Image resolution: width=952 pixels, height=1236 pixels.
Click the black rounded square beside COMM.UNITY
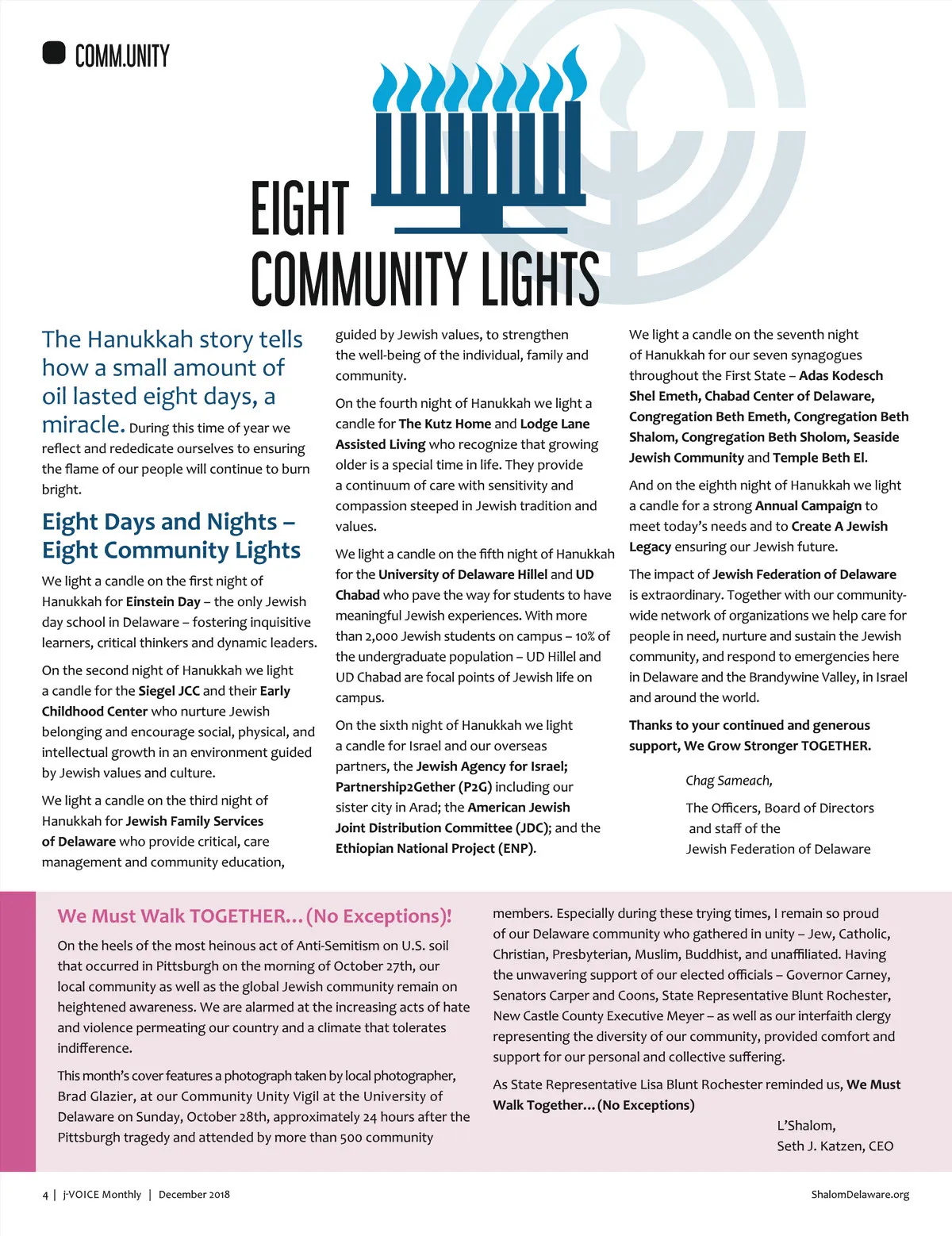pyautogui.click(x=53, y=53)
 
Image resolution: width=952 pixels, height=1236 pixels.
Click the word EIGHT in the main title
pyautogui.click(x=299, y=209)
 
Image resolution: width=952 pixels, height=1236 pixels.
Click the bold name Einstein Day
pyautogui.click(x=163, y=601)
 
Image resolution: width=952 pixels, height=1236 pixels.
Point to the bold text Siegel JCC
pyautogui.click(x=169, y=691)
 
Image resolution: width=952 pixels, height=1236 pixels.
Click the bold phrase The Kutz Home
pyautogui.click(x=444, y=424)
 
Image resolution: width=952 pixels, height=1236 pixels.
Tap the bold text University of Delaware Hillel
pyautogui.click(x=463, y=574)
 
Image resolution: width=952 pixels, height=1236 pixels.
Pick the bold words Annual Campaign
pyautogui.click(x=808, y=506)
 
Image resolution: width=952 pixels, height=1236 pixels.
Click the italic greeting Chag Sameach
pyautogui.click(x=729, y=781)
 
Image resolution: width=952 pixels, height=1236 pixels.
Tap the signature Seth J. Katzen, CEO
pyautogui.click(x=835, y=1146)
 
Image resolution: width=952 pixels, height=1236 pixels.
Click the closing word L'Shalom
pyautogui.click(x=806, y=1126)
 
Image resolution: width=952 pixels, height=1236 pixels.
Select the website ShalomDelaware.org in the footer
pyautogui.click(x=860, y=1195)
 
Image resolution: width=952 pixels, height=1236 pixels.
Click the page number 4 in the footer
pyautogui.click(x=45, y=1195)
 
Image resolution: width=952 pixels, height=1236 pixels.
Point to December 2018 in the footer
pyautogui.click(x=194, y=1195)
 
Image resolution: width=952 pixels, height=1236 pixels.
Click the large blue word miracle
pyautogui.click(x=83, y=425)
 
